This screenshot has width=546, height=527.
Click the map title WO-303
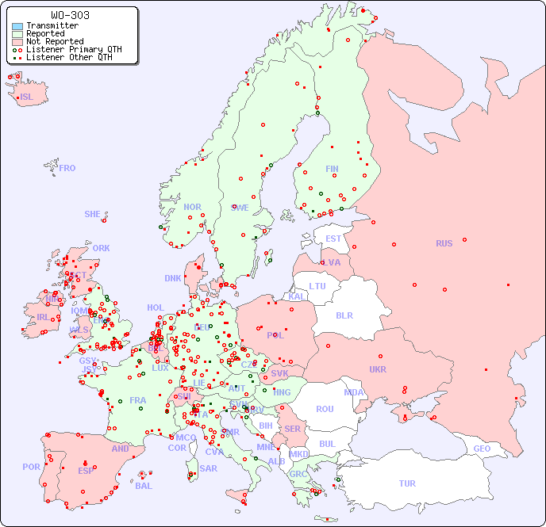pos(70,15)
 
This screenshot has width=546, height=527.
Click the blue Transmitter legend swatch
pos(17,26)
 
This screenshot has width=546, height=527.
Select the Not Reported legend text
pos(54,41)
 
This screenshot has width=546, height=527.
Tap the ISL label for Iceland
pos(27,97)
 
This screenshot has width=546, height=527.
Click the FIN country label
pos(332,169)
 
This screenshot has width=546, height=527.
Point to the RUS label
pos(444,243)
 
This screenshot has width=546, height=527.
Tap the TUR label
pos(407,483)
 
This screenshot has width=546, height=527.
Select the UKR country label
pos(378,369)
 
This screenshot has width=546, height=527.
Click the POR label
pos(31,467)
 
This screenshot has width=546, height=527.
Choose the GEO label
pos(482,449)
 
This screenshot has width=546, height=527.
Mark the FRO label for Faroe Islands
pos(67,168)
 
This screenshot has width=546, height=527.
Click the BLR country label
pos(344,315)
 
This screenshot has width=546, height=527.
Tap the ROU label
pos(325,409)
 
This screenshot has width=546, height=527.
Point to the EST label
pos(333,239)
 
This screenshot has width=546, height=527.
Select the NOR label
pos(192,207)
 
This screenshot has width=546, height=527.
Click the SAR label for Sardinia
pos(208,468)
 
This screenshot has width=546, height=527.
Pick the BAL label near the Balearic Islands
pos(144,486)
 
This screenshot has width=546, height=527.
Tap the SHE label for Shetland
pos(93,214)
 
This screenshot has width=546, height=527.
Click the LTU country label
pos(317,286)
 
